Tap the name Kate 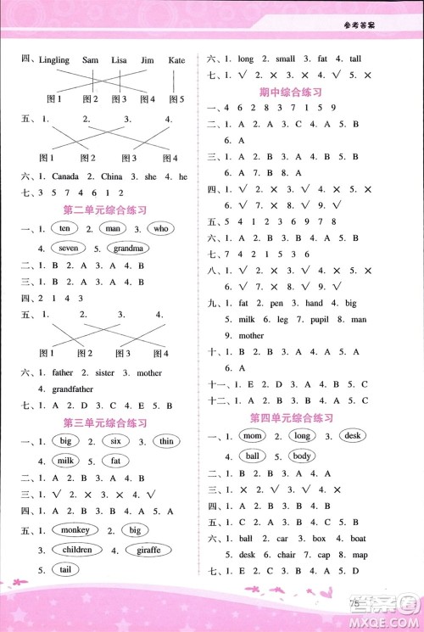pos(177,60)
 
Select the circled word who pos(161,229)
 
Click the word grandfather pos(60,389)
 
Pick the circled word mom pos(254,436)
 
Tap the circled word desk pos(350,436)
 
